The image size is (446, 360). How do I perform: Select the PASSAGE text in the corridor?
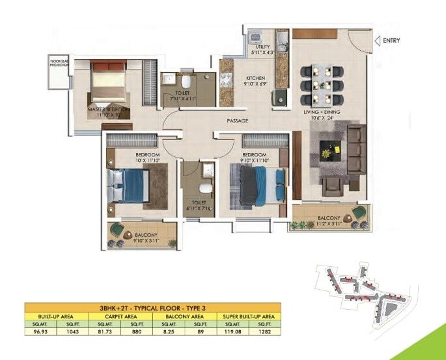(x=238, y=121)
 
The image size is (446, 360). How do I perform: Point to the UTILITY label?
(x=262, y=48)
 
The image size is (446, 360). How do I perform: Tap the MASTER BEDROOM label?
(x=108, y=109)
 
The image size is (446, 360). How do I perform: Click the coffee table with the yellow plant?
(x=326, y=152)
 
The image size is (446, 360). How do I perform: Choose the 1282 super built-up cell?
(x=266, y=331)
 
